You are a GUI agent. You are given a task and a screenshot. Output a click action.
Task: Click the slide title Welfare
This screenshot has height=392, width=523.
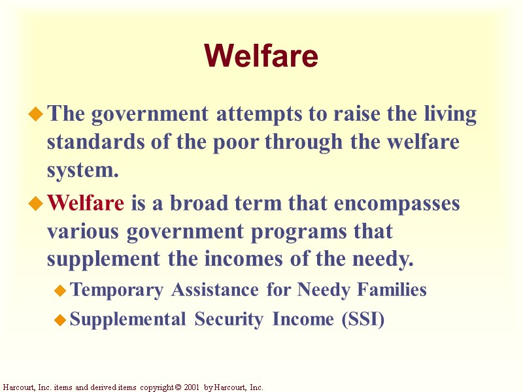click(261, 56)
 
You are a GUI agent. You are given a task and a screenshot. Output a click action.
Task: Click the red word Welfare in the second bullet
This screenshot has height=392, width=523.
click(86, 203)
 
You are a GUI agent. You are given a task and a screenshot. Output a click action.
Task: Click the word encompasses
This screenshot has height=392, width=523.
click(397, 203)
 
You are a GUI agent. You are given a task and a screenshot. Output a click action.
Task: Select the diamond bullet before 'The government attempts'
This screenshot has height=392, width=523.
click(36, 115)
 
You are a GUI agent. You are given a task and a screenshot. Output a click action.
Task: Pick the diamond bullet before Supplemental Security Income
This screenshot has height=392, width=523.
click(59, 320)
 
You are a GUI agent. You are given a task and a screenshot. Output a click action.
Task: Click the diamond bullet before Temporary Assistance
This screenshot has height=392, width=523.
click(59, 289)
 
